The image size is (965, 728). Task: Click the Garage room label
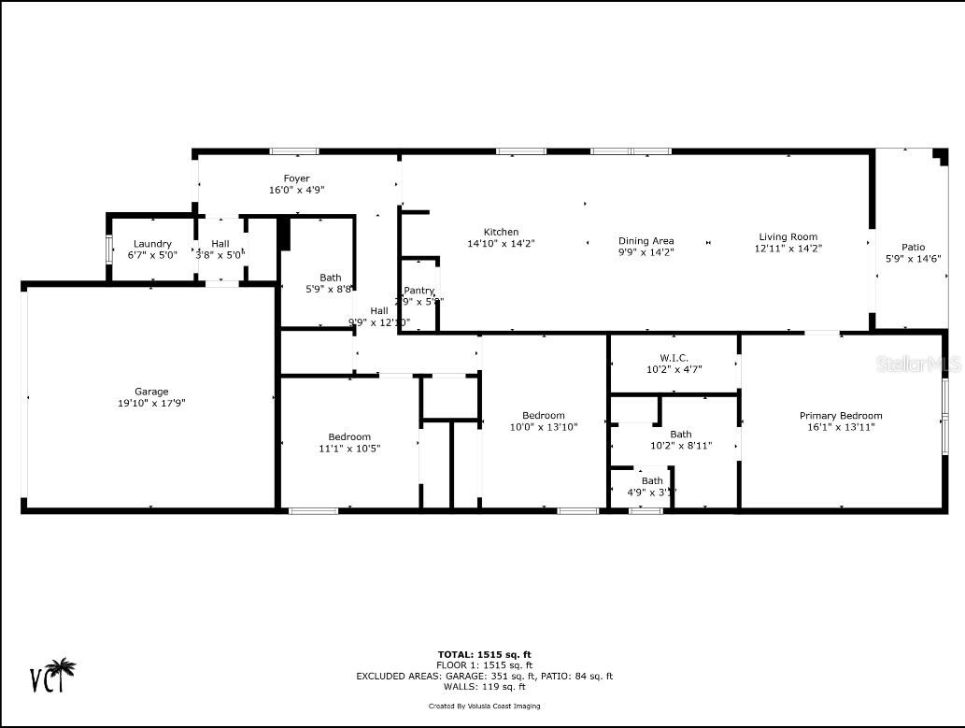tap(151, 392)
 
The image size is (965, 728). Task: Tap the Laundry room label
tap(152, 244)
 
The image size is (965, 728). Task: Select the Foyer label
tap(296, 178)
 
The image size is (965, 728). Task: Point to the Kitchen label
tap(501, 232)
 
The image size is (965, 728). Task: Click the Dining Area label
tap(646, 240)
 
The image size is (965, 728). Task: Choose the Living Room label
tap(788, 236)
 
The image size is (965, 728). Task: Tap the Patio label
tap(913, 247)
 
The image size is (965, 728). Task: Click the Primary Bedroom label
tap(840, 416)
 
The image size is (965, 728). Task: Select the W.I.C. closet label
tap(674, 358)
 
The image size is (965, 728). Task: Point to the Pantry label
tap(419, 291)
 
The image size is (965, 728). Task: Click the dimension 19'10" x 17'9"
tap(151, 403)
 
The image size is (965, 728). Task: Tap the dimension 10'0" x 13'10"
tap(543, 426)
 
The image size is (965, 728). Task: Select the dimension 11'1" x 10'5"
tap(349, 448)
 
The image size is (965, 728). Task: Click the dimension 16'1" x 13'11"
tap(840, 427)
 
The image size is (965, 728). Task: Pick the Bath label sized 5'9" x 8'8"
tap(330, 278)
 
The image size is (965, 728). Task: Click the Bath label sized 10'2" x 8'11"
tap(681, 434)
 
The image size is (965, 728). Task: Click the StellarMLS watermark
tap(917, 364)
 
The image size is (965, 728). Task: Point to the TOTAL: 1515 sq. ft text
tap(484, 654)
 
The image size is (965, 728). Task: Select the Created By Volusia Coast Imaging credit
tap(484, 706)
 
